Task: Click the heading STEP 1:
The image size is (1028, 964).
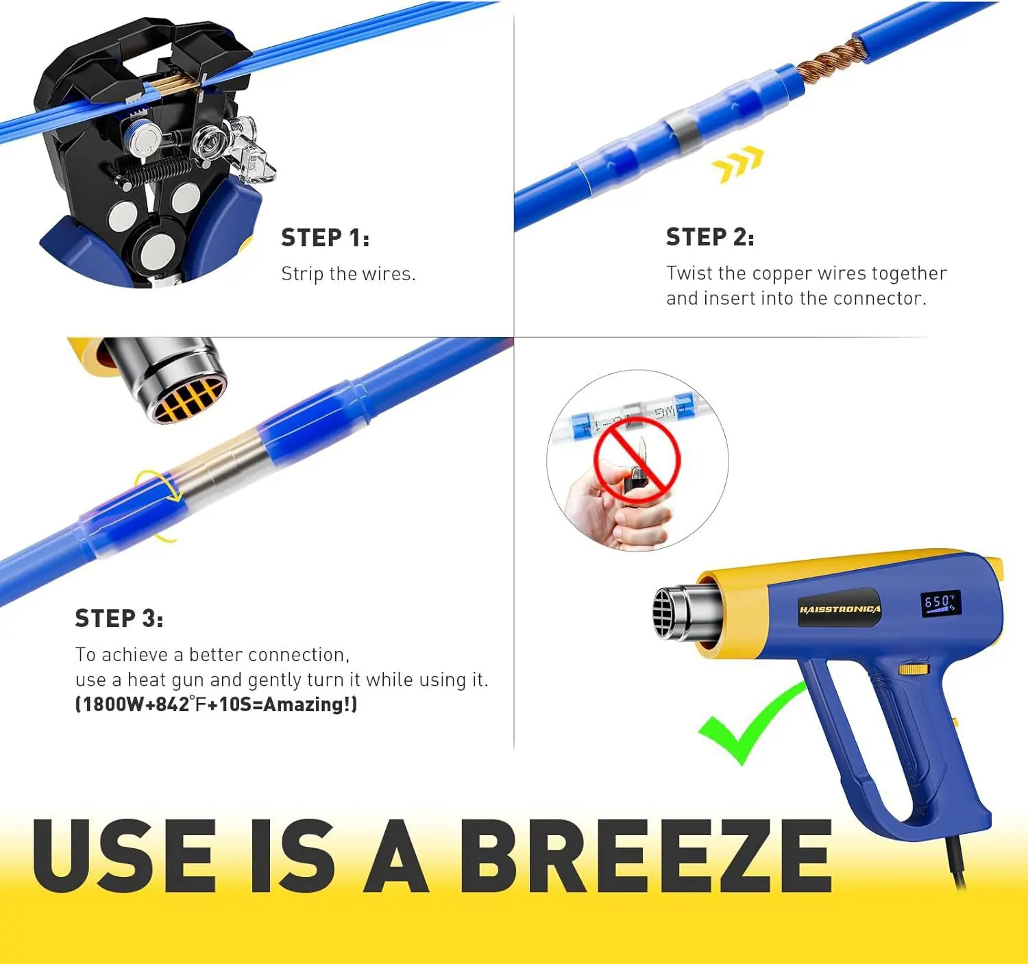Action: [x=325, y=238]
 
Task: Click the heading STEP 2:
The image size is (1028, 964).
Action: [x=709, y=237]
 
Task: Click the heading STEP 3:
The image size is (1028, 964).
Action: [x=119, y=618]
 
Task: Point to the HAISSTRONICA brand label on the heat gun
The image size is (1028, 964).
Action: [x=840, y=609]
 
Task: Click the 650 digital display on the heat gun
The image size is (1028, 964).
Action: [x=940, y=603]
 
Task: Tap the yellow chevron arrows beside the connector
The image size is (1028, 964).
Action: [x=737, y=164]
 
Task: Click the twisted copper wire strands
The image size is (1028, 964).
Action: [x=825, y=58]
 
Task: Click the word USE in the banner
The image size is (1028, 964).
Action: [x=124, y=856]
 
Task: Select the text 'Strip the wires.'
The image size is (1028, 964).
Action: [x=348, y=273]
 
